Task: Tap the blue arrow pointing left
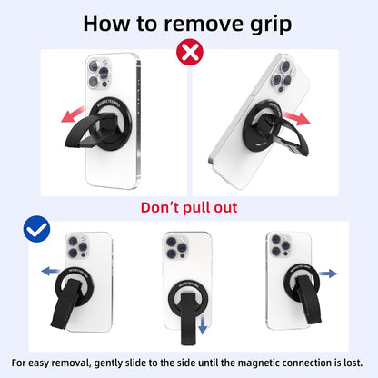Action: click(x=46, y=272)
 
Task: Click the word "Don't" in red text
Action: click(x=160, y=208)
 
